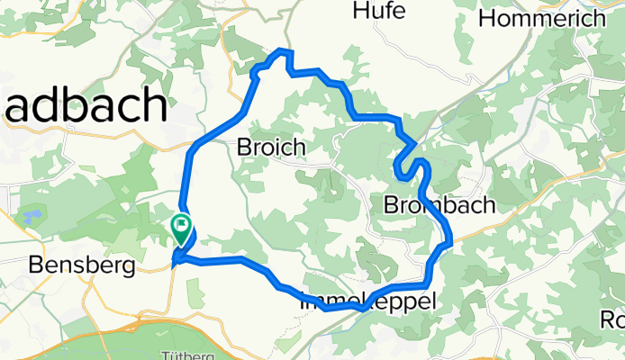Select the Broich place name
click(270, 147)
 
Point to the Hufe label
click(379, 11)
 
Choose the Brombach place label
click(439, 205)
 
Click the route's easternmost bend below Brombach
click(450, 242)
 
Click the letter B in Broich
click(243, 147)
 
